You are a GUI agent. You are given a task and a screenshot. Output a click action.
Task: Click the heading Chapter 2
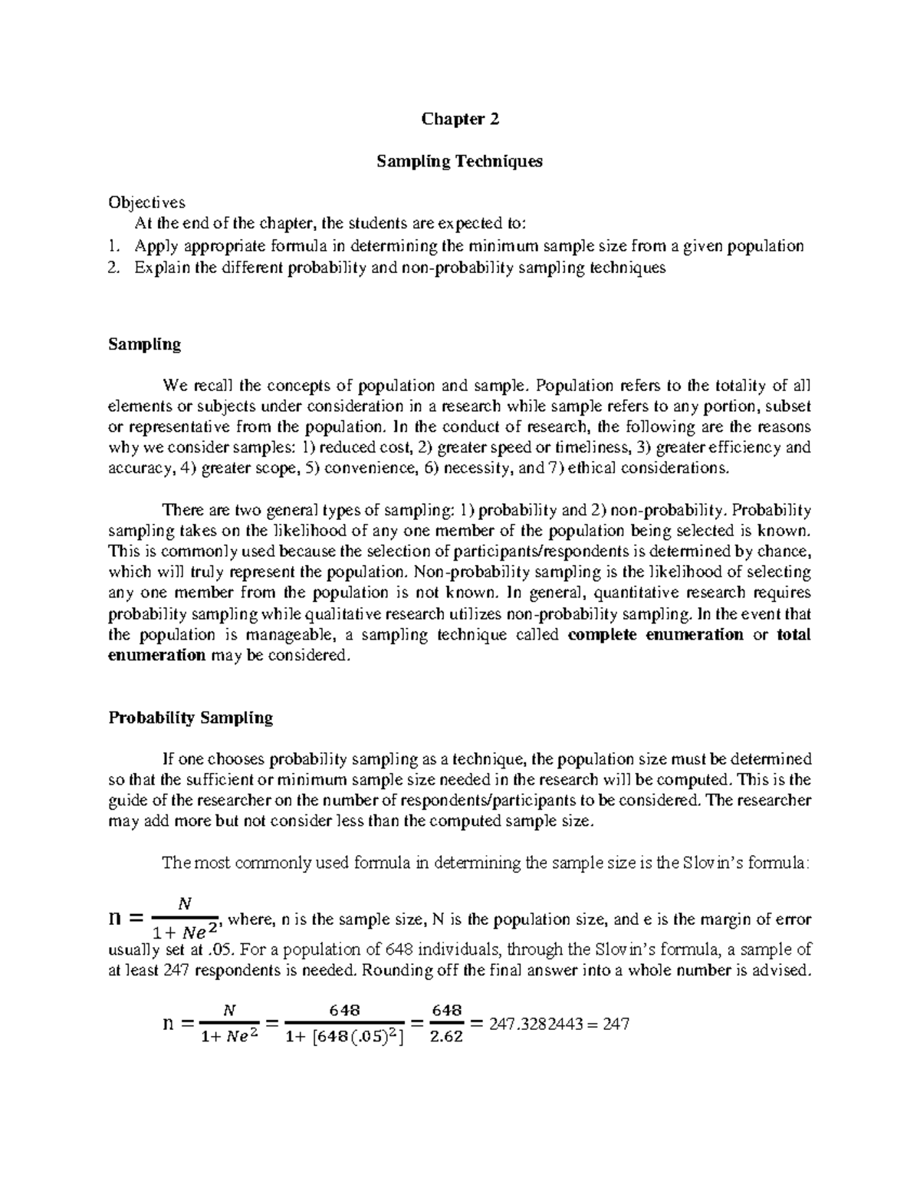[x=460, y=119]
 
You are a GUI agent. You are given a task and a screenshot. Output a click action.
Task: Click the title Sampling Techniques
[x=460, y=161]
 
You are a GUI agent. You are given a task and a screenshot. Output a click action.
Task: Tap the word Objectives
[x=146, y=203]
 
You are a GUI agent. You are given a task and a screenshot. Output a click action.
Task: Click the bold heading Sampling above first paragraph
[x=145, y=344]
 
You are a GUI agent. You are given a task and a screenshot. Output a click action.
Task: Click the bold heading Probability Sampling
[x=191, y=718]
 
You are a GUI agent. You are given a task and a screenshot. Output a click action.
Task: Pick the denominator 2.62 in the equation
[x=447, y=1040]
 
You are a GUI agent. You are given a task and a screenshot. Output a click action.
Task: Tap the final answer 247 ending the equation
[x=615, y=1024]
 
